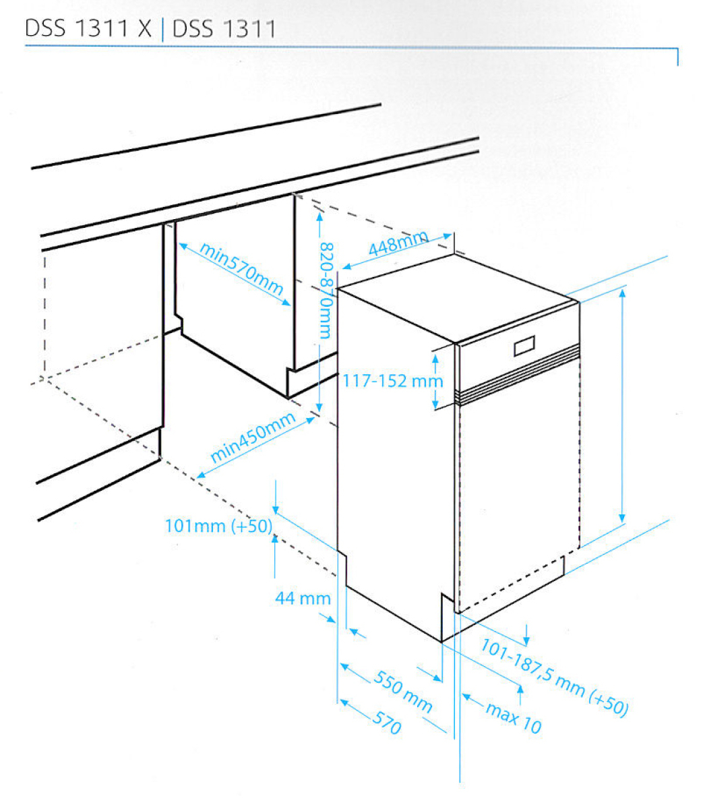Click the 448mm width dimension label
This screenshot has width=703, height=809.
coord(398,242)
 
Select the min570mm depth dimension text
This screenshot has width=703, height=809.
coord(241,269)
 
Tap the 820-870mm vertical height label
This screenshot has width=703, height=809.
coord(326,291)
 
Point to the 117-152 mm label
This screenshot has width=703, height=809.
coord(392,381)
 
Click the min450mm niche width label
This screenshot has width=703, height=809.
coord(253,437)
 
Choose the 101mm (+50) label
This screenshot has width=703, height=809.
coord(218,526)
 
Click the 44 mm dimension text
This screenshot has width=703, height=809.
coord(303,598)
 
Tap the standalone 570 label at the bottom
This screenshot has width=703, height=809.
coord(386,723)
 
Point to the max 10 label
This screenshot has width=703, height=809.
coord(514,718)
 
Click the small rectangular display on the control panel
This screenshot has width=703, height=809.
coord(524,346)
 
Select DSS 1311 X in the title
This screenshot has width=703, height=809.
coord(88,28)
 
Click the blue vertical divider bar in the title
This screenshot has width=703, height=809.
coord(163,29)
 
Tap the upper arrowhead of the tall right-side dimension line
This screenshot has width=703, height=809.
coord(622,293)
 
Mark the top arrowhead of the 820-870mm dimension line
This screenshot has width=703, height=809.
coord(319,216)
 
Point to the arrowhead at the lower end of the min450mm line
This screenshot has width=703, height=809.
coord(201,475)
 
